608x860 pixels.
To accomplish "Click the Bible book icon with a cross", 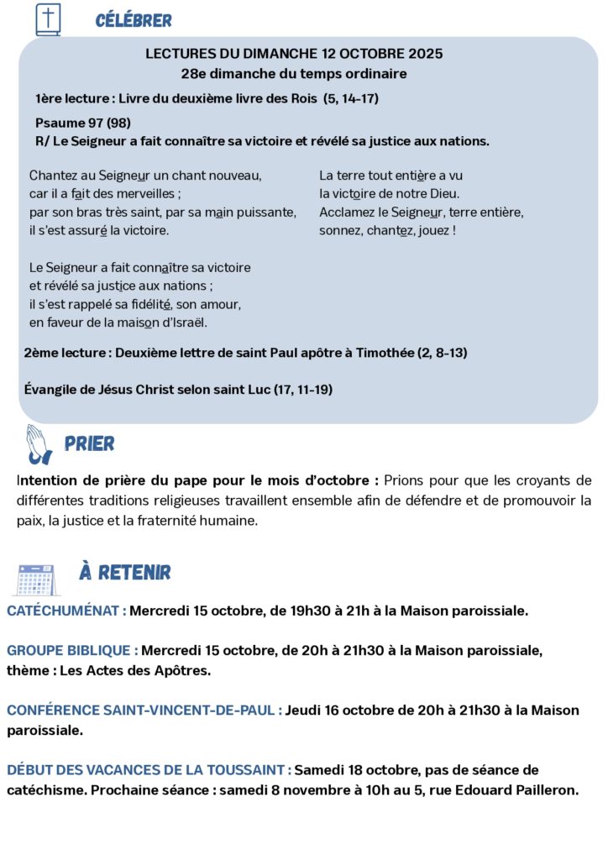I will point(48,19).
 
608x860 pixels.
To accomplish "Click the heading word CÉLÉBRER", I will point(134,20).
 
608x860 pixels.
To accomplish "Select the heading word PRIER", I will point(89,443).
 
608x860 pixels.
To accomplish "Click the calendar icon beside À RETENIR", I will point(36,579).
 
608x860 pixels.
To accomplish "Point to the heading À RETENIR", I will point(124,573).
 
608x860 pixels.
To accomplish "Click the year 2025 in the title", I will point(426,54).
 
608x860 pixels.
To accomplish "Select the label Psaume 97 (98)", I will point(83,123).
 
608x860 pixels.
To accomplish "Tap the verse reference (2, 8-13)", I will point(442,353).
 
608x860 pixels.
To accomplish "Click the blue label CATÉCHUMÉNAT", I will point(66,611).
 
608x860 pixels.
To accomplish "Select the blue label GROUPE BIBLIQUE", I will point(72,650).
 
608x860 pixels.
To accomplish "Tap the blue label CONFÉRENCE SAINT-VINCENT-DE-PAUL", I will point(144,711).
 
